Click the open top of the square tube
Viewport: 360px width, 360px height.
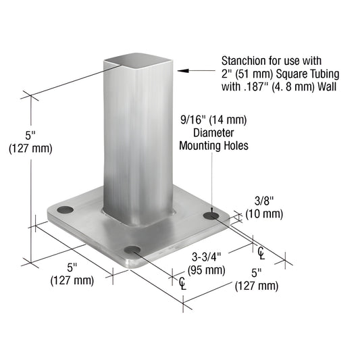pyautogui.click(x=138, y=61)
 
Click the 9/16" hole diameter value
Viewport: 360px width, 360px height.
pyautogui.click(x=193, y=120)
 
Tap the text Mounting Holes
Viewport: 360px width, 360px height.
pyautogui.click(x=212, y=145)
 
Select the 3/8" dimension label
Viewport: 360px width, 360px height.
pyautogui.click(x=263, y=201)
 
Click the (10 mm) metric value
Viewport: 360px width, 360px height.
pyautogui.click(x=263, y=214)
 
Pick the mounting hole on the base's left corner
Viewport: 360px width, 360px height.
pyautogui.click(x=65, y=209)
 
